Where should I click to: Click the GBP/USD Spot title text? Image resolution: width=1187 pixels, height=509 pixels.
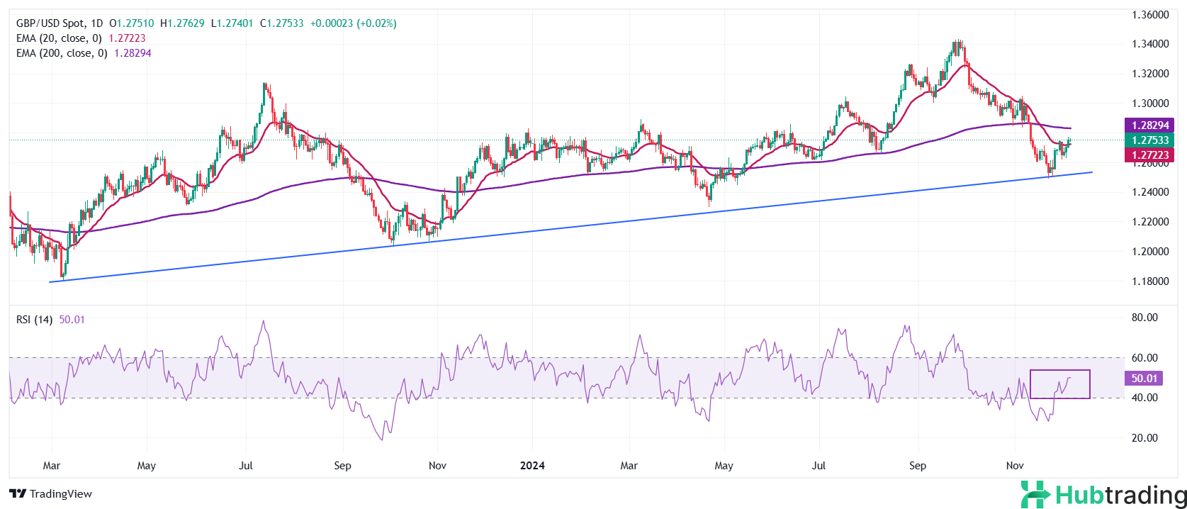(50, 23)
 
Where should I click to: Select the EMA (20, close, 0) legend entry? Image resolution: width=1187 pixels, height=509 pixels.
(59, 38)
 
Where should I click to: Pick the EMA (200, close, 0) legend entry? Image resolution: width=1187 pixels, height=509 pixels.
(62, 53)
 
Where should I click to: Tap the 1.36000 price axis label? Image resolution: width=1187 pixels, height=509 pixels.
(1149, 15)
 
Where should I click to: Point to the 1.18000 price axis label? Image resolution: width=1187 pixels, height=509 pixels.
(1149, 281)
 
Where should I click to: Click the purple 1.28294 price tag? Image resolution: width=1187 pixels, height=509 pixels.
(1149, 125)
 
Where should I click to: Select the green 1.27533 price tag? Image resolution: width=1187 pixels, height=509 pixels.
(1149, 140)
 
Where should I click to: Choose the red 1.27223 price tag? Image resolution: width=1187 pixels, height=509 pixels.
(1149, 155)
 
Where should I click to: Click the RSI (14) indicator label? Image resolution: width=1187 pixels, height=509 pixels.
(34, 320)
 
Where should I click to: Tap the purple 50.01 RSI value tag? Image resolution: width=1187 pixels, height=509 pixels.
(1144, 379)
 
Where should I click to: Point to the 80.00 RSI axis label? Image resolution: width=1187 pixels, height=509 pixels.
(1144, 318)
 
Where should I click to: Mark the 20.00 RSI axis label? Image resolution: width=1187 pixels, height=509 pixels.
(1144, 438)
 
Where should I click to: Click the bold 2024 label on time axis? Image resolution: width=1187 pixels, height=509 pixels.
(532, 466)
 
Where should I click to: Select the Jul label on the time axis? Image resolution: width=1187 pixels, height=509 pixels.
(246, 466)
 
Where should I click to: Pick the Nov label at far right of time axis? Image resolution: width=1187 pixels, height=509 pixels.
(1015, 466)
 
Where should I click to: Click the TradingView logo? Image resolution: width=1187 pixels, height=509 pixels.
(50, 494)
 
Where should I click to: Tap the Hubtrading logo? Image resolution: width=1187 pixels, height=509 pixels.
(1103, 495)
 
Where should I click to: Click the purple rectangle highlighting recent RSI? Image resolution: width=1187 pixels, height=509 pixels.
(1060, 384)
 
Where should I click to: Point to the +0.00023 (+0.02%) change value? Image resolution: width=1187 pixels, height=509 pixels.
(353, 23)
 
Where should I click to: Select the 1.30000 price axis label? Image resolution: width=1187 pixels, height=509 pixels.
(1149, 104)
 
